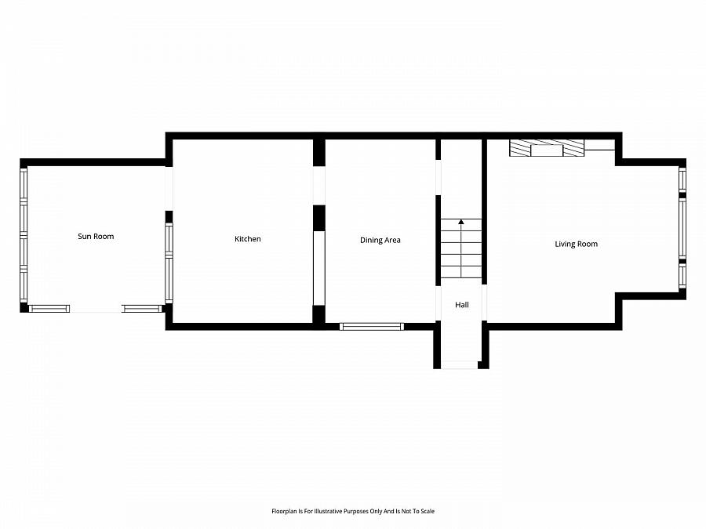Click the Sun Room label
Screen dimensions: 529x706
(x=95, y=236)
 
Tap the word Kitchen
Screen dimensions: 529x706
(x=248, y=239)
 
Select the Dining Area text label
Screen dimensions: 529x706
(x=380, y=240)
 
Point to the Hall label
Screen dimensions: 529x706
(x=462, y=305)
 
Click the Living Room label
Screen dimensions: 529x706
(x=576, y=244)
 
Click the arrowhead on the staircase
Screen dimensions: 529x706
(x=461, y=223)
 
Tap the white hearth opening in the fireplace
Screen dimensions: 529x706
(x=547, y=150)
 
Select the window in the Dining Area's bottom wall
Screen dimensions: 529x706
(x=372, y=326)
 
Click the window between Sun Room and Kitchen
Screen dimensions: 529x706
(x=169, y=263)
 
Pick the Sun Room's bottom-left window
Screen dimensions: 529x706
(x=49, y=309)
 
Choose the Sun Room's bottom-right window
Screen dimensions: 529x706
(x=142, y=309)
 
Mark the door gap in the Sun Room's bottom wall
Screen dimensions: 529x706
(x=96, y=310)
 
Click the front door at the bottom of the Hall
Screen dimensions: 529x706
(x=460, y=364)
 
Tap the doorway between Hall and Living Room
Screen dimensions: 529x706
(x=485, y=303)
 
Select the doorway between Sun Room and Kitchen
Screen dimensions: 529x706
(x=169, y=188)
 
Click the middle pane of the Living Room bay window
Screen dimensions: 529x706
(x=682, y=228)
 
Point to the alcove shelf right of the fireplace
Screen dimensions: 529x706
(x=600, y=144)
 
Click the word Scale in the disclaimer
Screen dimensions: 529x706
(x=427, y=511)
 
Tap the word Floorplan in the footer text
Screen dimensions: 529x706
(x=286, y=511)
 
